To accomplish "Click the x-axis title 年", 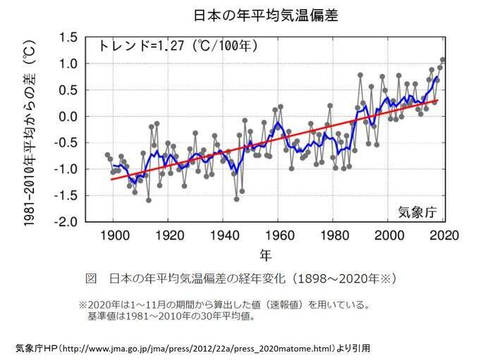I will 265,254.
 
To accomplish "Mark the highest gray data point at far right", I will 443,60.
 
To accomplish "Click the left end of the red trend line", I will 110,179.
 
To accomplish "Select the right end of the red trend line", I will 437,100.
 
